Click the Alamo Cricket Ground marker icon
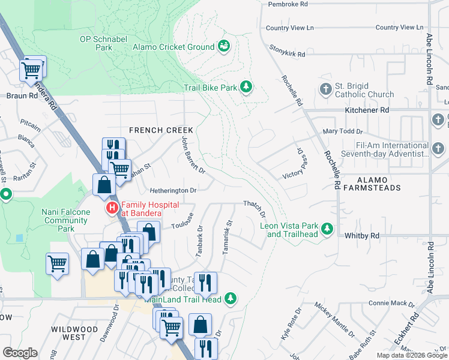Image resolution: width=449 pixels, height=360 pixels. click(224, 46)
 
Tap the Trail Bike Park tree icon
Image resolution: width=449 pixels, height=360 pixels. click(246, 88)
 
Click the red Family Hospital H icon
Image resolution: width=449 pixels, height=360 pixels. click(112, 209)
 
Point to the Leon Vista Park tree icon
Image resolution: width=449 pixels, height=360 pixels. click(327, 229)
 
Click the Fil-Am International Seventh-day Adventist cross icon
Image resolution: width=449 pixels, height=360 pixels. click(438, 149)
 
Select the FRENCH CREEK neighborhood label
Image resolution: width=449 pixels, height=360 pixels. click(161, 130)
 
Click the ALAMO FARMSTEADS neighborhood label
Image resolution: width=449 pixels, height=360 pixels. click(382, 185)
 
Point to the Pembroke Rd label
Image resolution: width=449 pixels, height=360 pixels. click(288, 4)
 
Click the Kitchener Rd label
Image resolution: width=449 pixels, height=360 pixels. click(367, 110)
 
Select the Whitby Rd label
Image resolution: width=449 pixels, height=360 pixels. click(362, 236)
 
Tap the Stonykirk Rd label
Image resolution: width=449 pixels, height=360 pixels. click(287, 51)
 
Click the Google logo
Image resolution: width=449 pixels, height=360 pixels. click(20, 353)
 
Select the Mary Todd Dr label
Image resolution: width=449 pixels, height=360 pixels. click(343, 131)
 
